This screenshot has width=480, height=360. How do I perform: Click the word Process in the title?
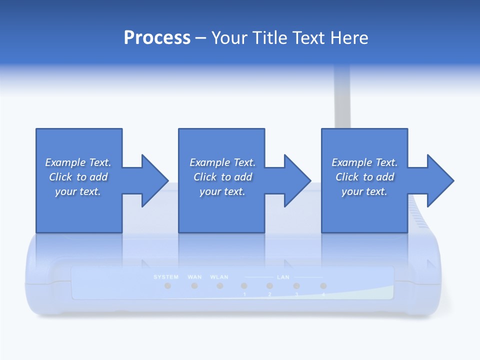tap(157, 38)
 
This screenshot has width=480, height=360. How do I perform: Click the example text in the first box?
tap(78, 177)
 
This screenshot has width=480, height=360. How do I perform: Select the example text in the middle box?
tap(222, 177)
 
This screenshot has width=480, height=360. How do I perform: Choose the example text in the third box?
tap(364, 177)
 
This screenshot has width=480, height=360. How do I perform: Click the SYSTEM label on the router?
tap(166, 277)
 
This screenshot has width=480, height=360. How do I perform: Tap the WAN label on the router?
tap(194, 277)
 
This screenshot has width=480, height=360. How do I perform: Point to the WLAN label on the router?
tap(219, 277)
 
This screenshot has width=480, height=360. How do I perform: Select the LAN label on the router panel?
tap(282, 277)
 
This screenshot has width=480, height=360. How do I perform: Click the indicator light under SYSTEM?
tap(168, 286)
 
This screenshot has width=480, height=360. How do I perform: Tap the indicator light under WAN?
tap(194, 286)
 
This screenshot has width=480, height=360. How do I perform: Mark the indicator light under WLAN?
tap(219, 286)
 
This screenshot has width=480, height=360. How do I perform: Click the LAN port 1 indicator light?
tap(244, 286)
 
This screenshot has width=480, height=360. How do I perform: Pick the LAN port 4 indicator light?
tap(323, 286)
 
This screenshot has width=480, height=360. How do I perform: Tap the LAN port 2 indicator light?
tap(269, 286)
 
